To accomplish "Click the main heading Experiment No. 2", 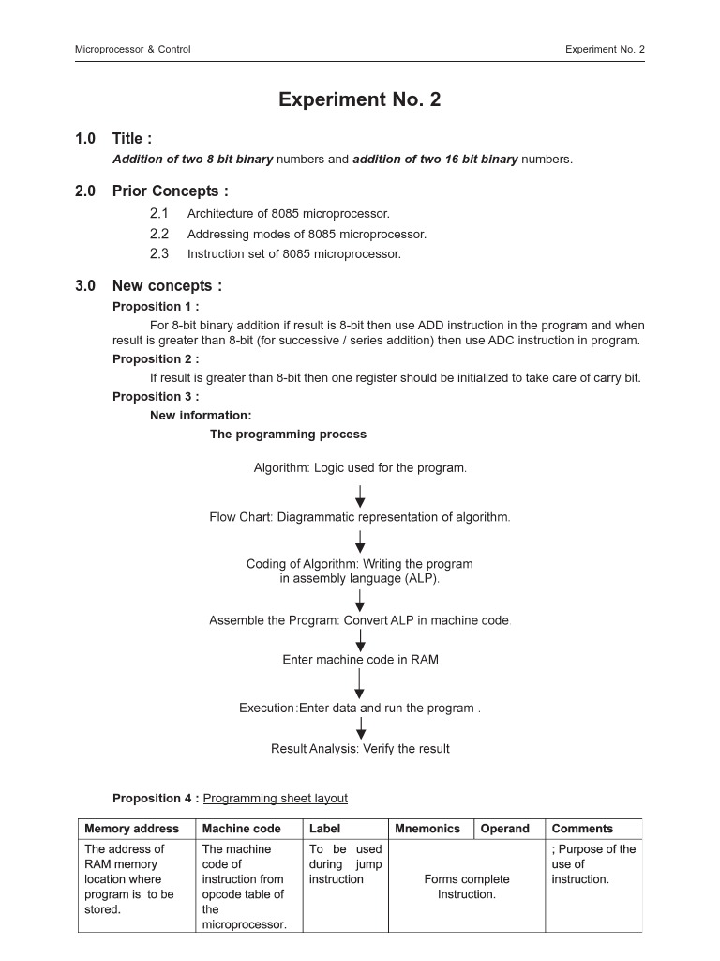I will pos(359,100).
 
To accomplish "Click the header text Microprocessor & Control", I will pos(132,49).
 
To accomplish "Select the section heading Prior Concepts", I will pos(170,191).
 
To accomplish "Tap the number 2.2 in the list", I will pos(159,234).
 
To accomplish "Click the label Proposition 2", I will pos(156,359).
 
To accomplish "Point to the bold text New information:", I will pos(201,416).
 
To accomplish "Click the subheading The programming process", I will pos(288,435).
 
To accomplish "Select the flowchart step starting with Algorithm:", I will pos(360,468).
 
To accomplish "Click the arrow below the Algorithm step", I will pos(360,496).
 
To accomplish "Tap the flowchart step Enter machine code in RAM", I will pos(360,660).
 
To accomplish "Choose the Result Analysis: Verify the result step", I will pos(360,749).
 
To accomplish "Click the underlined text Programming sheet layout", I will pos(275,799).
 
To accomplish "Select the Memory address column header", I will pos(131,829).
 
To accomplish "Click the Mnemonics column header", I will pos(427,829).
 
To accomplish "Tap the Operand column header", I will pos(505,829).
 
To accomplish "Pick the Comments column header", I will pos(582,829).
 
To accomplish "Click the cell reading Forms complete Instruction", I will pos(467,887).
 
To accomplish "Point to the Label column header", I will pos(325,829).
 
